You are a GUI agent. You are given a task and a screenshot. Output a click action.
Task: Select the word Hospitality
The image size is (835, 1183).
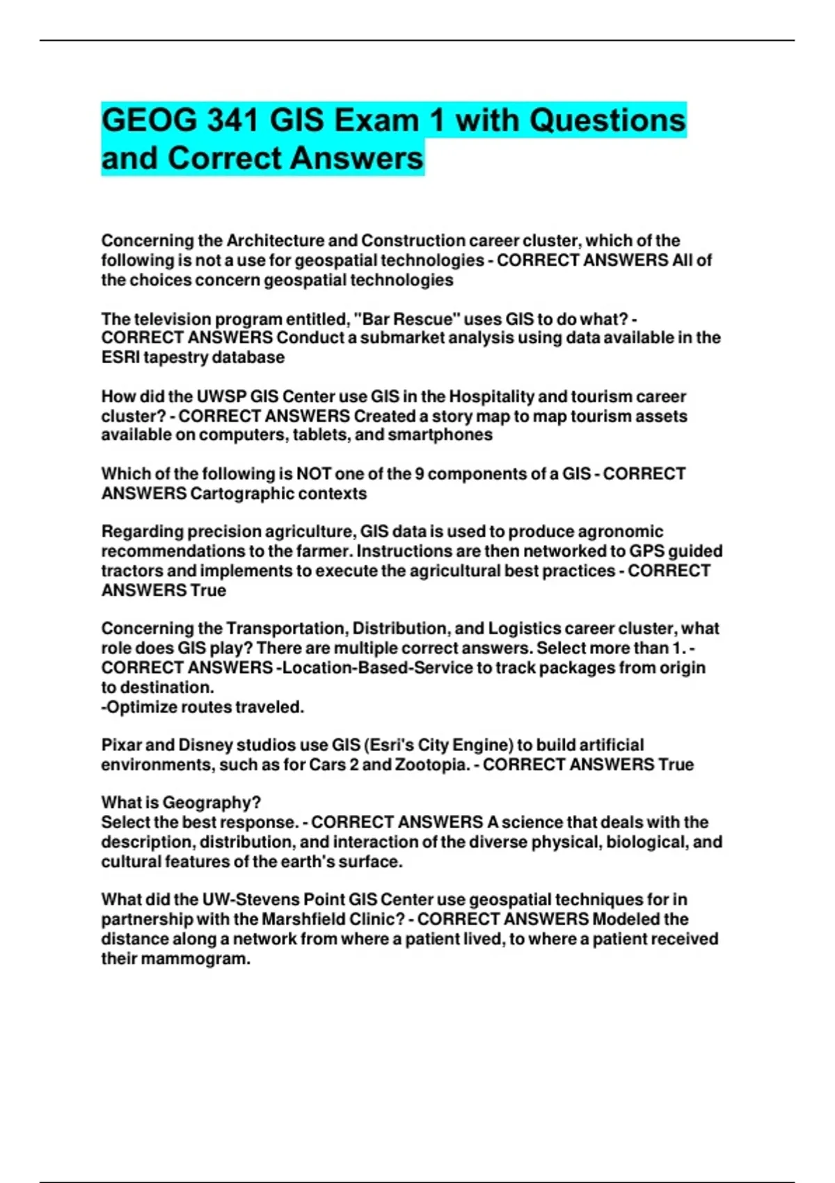(x=491, y=397)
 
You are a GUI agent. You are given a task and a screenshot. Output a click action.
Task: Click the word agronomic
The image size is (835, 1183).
(x=619, y=532)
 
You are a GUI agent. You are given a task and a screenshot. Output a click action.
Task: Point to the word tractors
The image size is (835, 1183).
(x=132, y=571)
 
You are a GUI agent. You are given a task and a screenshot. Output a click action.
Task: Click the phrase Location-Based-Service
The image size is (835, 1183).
(x=376, y=668)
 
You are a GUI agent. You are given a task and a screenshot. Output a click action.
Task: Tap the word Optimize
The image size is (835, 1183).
(x=139, y=707)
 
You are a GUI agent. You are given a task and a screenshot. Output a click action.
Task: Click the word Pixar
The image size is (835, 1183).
(x=122, y=745)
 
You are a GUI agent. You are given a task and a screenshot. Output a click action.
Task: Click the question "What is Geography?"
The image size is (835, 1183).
(x=181, y=802)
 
